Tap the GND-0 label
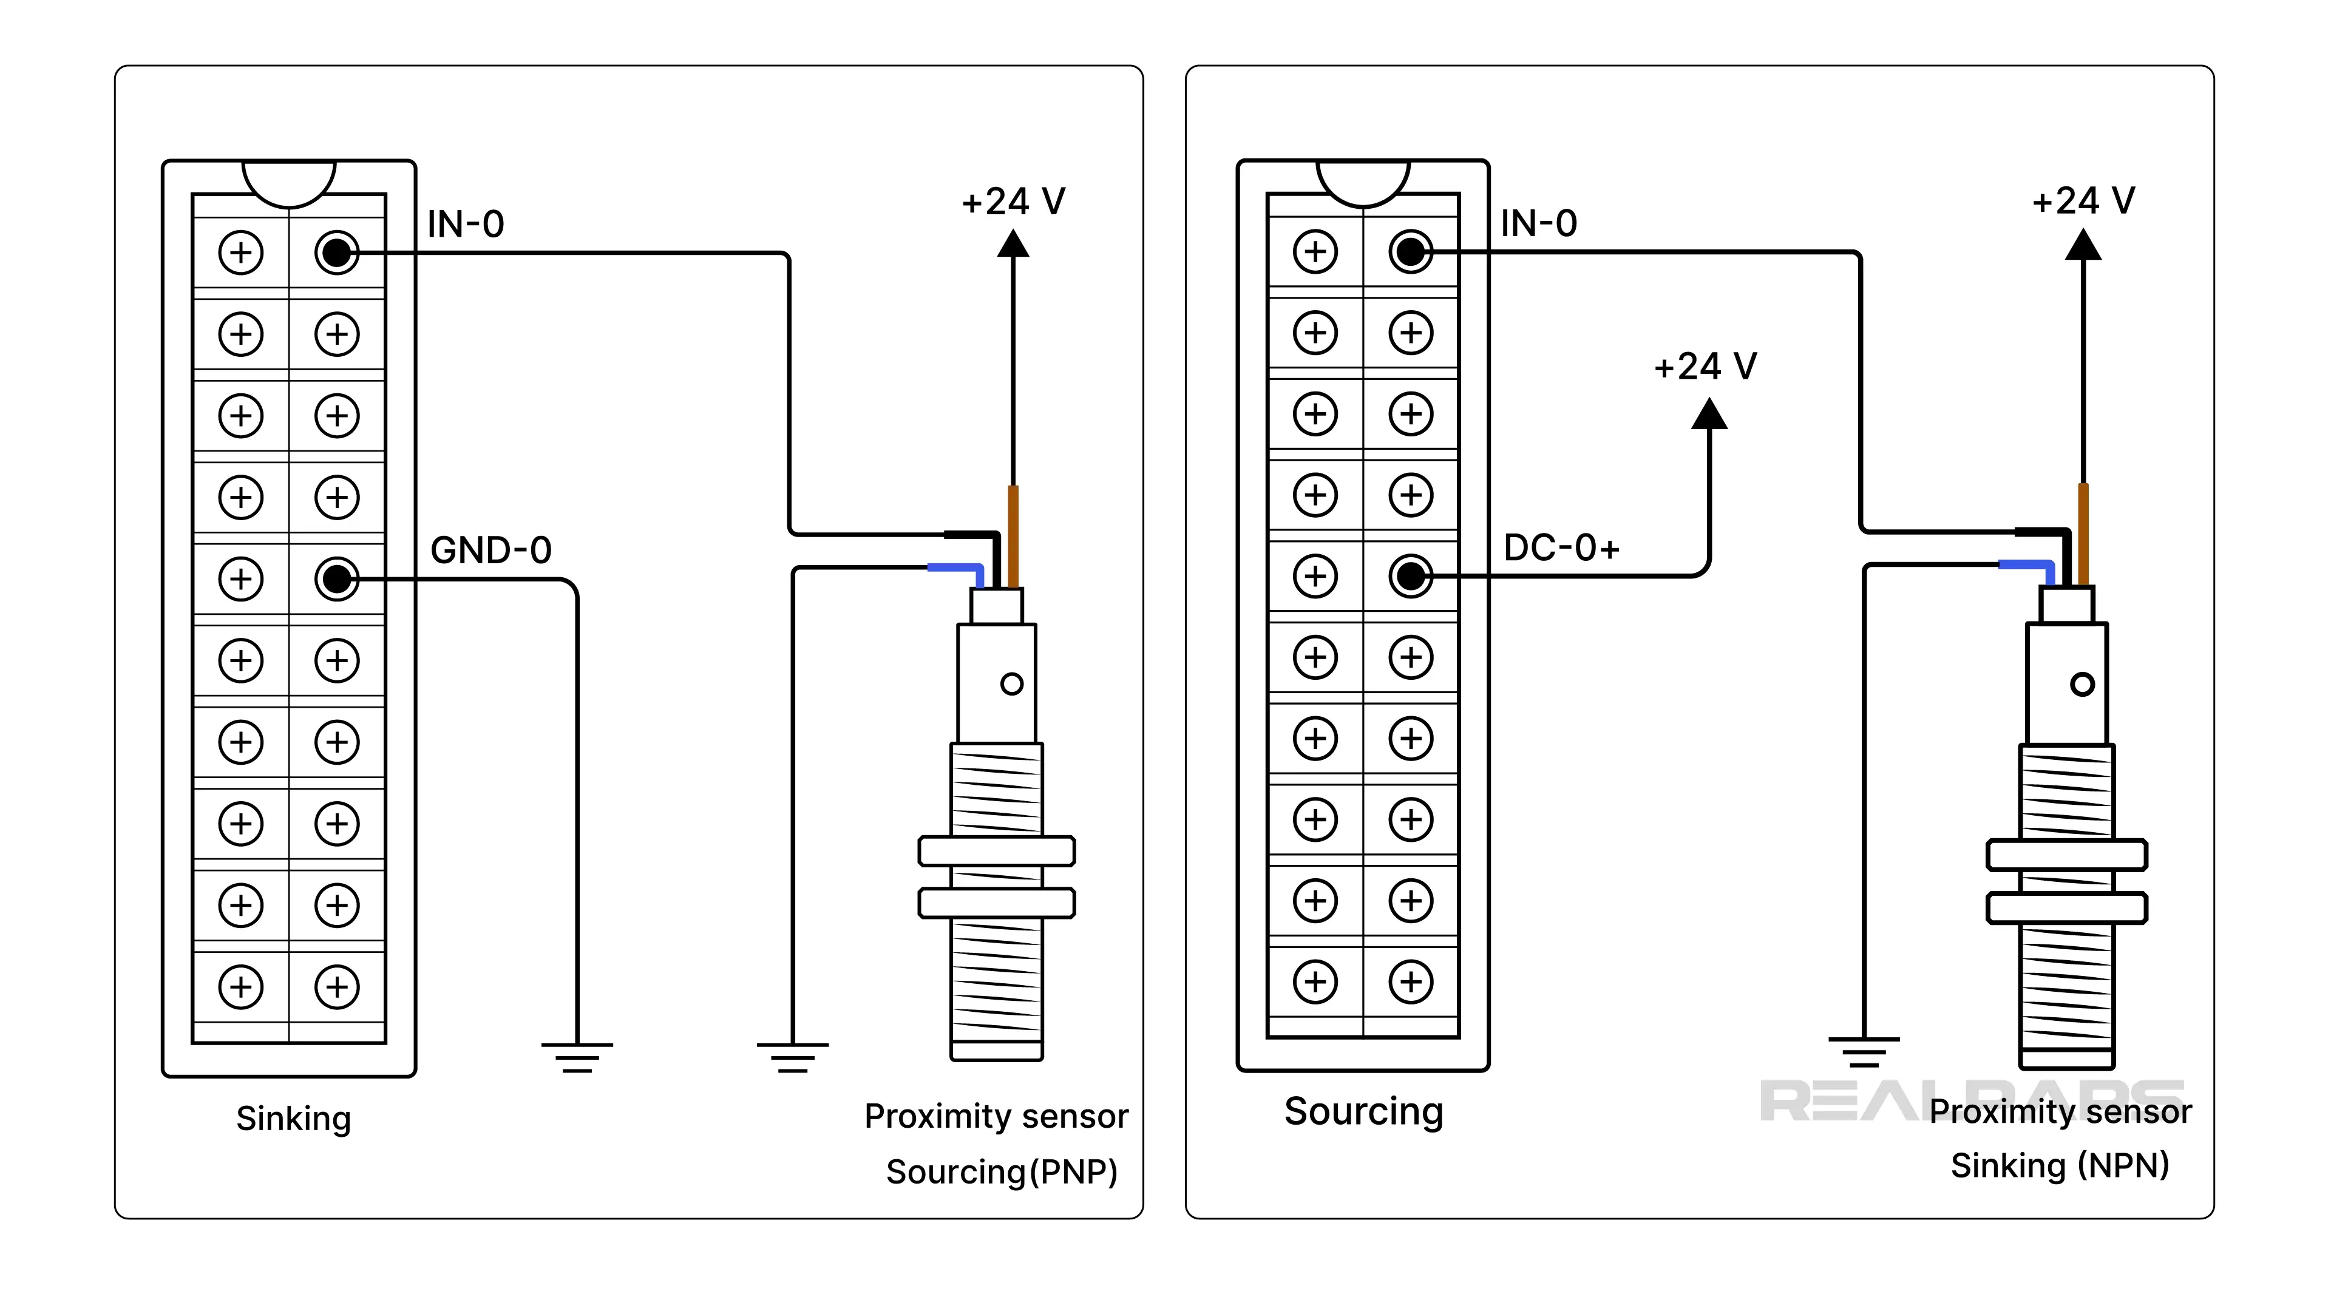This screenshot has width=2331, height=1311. click(x=490, y=550)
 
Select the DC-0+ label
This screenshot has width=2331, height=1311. click(x=1561, y=548)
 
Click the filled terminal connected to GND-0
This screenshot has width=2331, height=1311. click(x=337, y=578)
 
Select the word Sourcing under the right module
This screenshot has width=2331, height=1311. click(x=1363, y=1111)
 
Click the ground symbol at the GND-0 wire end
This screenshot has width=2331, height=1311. click(x=577, y=1057)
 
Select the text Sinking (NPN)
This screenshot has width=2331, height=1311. click(x=2060, y=1165)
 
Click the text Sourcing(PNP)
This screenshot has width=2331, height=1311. click(x=1002, y=1171)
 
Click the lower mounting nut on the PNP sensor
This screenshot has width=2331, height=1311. click(x=996, y=903)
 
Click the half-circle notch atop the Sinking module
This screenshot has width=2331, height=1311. click(x=289, y=181)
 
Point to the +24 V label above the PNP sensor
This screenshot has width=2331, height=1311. click(x=1014, y=202)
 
